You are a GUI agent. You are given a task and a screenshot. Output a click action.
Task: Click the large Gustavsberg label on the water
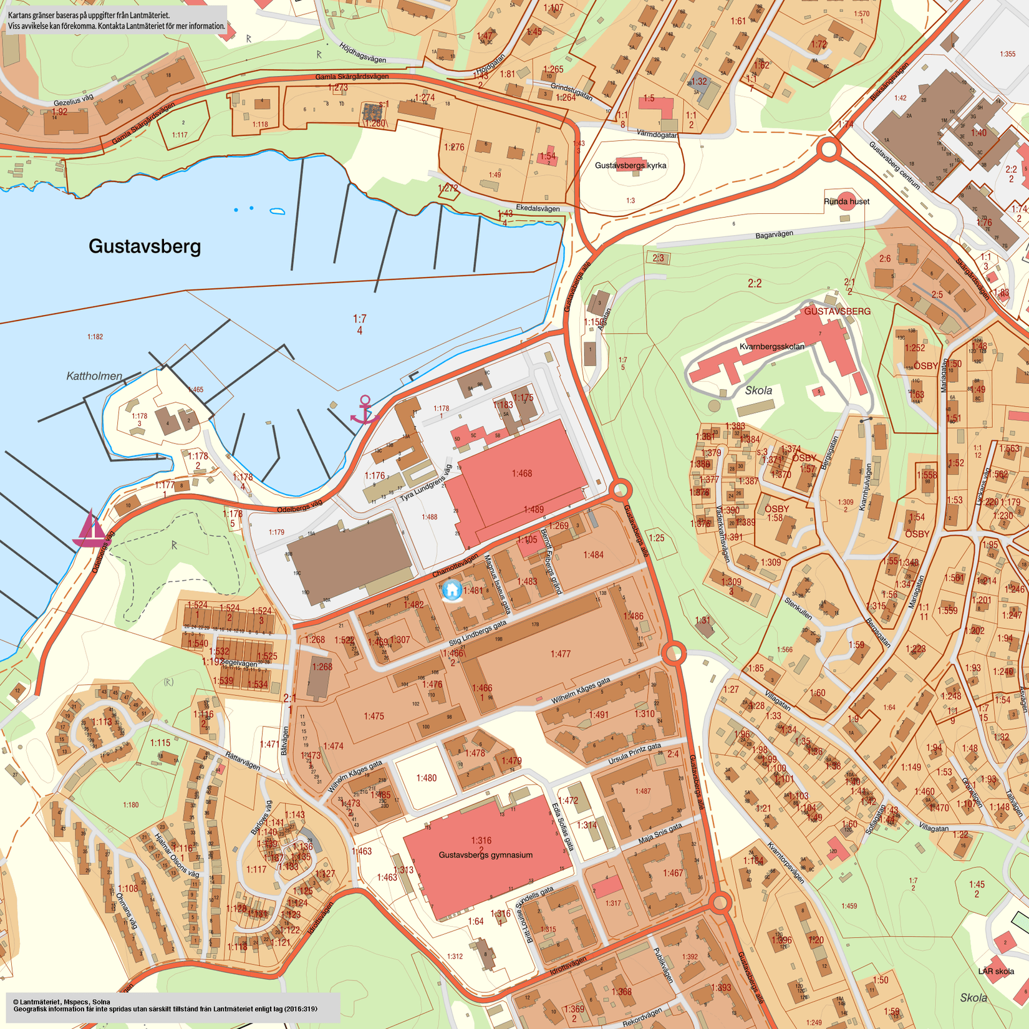(x=145, y=246)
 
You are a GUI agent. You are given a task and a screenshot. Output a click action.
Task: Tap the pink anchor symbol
(x=365, y=410)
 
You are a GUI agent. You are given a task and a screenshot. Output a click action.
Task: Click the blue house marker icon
(x=452, y=589)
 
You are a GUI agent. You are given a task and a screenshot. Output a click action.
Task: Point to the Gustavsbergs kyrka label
(x=630, y=165)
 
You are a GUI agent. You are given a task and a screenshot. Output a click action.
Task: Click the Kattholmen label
(x=94, y=376)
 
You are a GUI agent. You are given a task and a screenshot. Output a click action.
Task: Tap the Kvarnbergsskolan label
(x=771, y=346)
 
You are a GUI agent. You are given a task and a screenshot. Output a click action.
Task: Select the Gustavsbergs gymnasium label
(x=485, y=854)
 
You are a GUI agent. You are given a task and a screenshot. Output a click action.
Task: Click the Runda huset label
(x=846, y=201)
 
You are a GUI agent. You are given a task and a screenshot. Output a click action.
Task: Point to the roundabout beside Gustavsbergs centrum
(x=829, y=150)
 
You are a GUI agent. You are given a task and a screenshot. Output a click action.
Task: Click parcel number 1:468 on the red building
(x=522, y=473)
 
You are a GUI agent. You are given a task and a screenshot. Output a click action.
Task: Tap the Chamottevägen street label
(x=455, y=564)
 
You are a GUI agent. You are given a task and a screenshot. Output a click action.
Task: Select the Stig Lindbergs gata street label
(x=478, y=633)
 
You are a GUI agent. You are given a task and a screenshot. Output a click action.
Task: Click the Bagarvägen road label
(x=774, y=234)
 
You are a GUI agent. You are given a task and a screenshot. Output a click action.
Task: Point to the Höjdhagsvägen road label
(x=363, y=53)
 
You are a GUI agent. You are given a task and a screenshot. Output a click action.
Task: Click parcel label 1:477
(x=560, y=654)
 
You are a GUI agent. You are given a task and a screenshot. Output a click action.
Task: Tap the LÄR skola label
(x=995, y=971)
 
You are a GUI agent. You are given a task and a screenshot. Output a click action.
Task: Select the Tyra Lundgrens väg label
(x=426, y=483)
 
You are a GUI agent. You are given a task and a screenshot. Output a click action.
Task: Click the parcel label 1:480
(x=427, y=778)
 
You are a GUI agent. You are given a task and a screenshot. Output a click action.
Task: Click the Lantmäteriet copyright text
(x=61, y=1002)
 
